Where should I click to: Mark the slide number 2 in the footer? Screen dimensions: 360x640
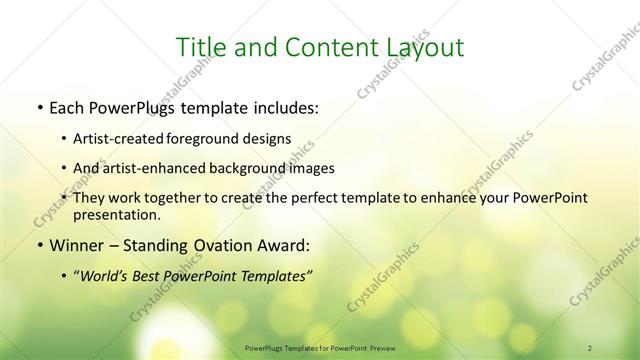point(590,347)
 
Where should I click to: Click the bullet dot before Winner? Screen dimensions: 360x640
point(39,245)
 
